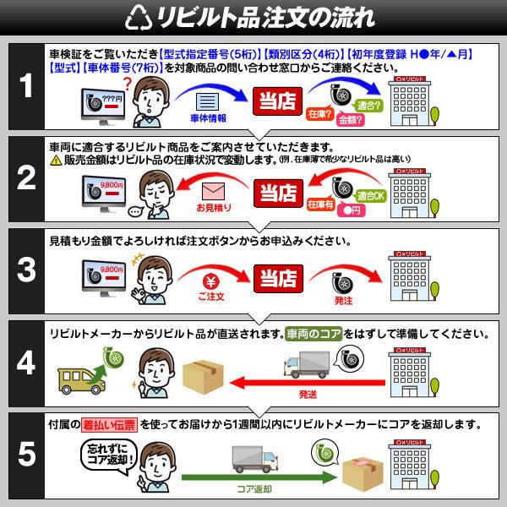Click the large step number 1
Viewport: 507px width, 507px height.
pyautogui.click(x=27, y=88)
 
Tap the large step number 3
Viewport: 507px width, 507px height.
pyautogui.click(x=27, y=270)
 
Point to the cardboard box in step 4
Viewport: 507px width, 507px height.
pyautogui.click(x=206, y=369)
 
